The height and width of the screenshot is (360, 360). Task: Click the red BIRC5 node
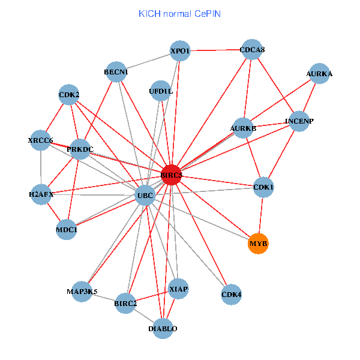(171, 175)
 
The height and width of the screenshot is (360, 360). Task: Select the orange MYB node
(258, 244)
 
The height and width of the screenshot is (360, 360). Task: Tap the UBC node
(145, 196)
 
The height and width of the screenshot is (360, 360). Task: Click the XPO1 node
(180, 51)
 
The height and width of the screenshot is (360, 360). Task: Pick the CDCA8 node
(252, 50)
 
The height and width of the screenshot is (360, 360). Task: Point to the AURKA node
(319, 74)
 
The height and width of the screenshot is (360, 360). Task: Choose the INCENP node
(299, 121)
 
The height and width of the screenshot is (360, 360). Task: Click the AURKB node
(243, 128)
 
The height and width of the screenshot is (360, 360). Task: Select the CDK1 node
(264, 187)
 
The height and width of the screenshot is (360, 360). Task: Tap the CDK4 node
(231, 295)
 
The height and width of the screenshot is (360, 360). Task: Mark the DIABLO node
(163, 328)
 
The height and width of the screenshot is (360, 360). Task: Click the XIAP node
(179, 289)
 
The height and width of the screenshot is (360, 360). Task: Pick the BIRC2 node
(126, 303)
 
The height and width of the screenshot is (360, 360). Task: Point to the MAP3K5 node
(82, 292)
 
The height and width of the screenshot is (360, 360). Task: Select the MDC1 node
(66, 229)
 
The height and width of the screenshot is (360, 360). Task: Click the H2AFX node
(41, 194)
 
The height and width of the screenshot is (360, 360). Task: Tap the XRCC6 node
(40, 140)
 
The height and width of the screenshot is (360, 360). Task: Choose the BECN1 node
(116, 73)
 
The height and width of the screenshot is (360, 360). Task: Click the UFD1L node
(160, 91)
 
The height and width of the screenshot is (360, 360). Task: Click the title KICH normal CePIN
(179, 13)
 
